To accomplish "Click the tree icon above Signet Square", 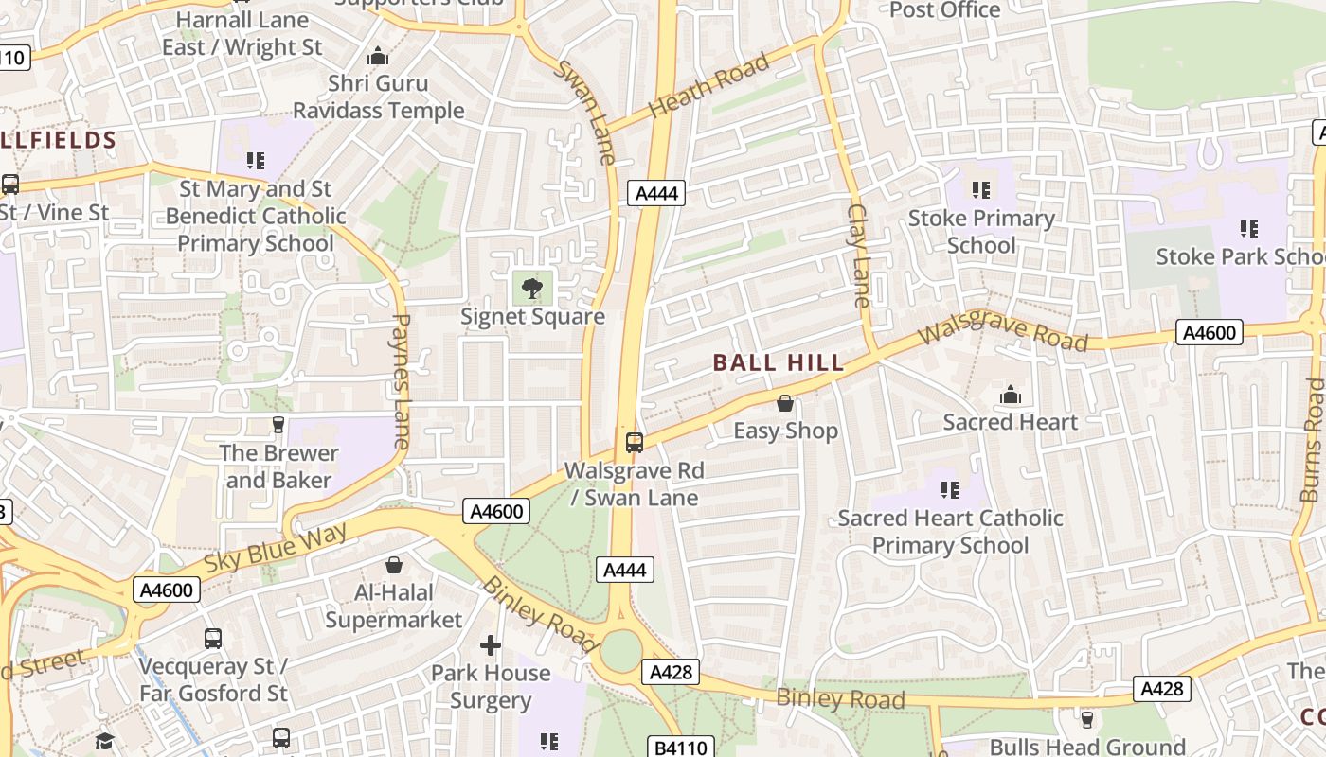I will tap(532, 287).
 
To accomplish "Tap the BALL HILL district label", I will tap(779, 362).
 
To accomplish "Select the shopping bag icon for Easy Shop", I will tap(785, 403).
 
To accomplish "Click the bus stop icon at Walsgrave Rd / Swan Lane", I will tap(635, 442).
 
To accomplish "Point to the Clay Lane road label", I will tap(859, 255).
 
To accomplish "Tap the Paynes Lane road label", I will tap(401, 380).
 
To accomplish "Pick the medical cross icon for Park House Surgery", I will tap(490, 645).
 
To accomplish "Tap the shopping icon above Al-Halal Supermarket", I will tap(394, 565).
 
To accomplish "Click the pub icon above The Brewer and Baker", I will tap(278, 425).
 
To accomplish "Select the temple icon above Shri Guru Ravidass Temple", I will tap(378, 56).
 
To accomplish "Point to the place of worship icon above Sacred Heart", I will tap(1010, 394).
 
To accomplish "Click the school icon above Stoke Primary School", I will tap(981, 190).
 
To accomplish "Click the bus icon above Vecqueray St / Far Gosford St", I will tap(213, 639).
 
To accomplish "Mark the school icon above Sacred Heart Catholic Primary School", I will tap(950, 490).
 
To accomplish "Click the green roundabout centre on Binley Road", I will tap(621, 651).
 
